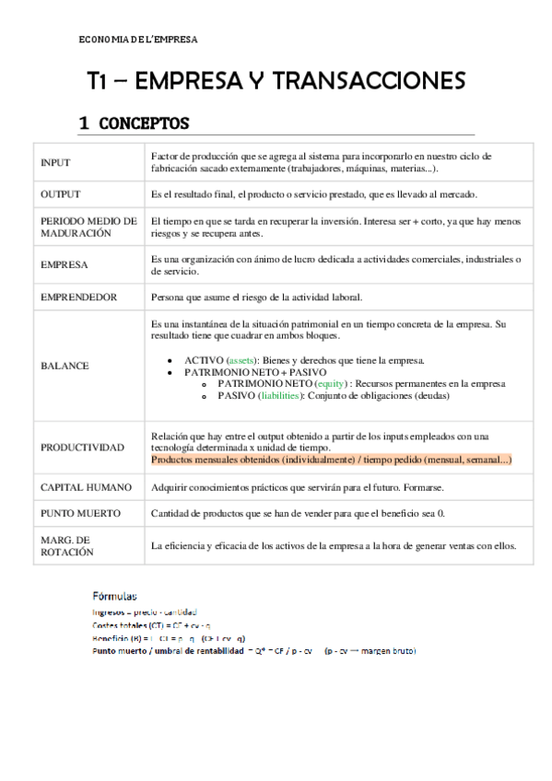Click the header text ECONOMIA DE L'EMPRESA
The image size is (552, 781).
point(138,40)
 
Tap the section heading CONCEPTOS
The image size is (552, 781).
point(143,123)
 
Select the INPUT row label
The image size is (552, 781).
point(55,163)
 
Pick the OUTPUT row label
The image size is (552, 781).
point(61,194)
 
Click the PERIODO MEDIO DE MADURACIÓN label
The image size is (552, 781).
point(88,227)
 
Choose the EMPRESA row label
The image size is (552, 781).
point(65,265)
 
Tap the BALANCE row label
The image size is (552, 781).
point(65,366)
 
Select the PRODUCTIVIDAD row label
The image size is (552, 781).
point(82,447)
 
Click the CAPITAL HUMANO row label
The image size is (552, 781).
point(86,486)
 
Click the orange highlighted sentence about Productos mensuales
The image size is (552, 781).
point(331,459)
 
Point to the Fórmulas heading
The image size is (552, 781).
point(115,595)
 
